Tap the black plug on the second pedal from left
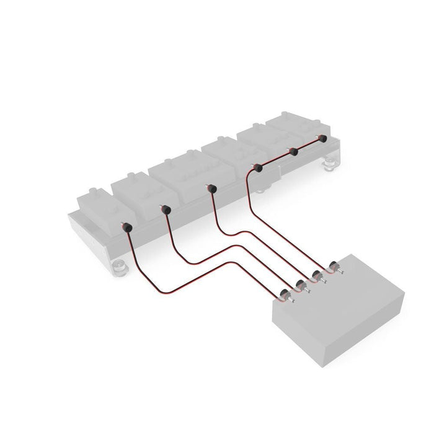pos(165,210)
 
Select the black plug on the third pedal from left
pos(212,188)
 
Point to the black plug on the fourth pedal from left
pos(257,168)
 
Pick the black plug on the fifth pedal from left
pos(294,151)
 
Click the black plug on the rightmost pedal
pos(322,139)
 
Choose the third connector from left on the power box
pos(318,275)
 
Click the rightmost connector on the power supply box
pos(333,267)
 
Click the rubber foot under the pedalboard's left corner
pos(119,267)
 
